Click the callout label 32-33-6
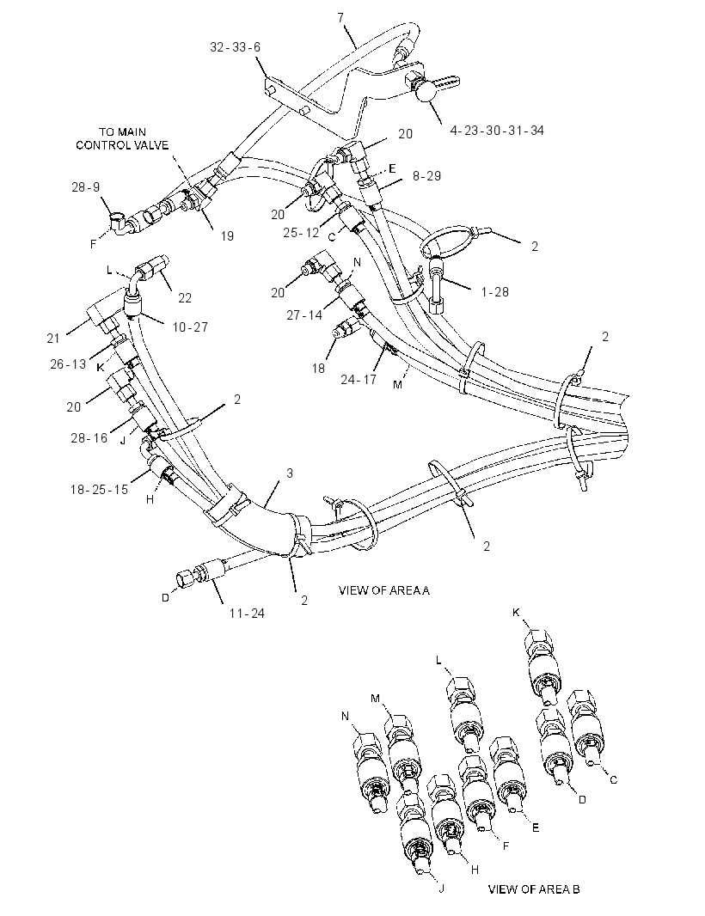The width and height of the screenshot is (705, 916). click(x=235, y=47)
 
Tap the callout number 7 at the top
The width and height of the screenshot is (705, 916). click(x=340, y=17)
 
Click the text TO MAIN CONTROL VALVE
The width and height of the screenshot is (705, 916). click(x=122, y=138)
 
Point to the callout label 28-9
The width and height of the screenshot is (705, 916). click(x=85, y=187)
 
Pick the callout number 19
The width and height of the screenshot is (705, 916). click(x=227, y=235)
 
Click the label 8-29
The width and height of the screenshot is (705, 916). click(x=426, y=176)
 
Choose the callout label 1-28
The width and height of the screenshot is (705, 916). click(x=495, y=291)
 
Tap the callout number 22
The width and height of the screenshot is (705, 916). click(x=185, y=298)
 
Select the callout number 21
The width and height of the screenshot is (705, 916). click(x=53, y=339)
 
